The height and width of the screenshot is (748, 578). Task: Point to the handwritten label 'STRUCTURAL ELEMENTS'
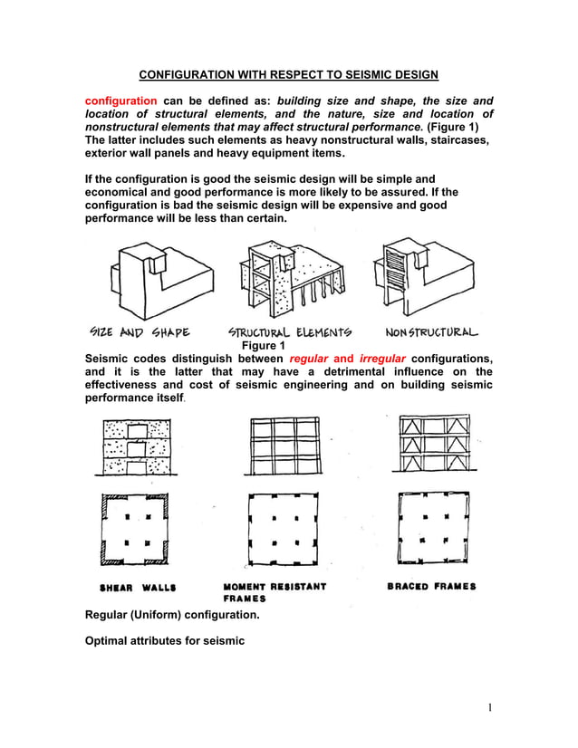tap(290, 332)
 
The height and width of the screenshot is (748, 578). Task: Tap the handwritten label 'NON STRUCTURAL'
tap(431, 331)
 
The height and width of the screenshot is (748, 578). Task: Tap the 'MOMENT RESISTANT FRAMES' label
tap(275, 592)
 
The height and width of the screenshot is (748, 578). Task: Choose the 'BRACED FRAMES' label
tap(431, 587)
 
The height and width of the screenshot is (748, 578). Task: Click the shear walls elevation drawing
tap(137, 447)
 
